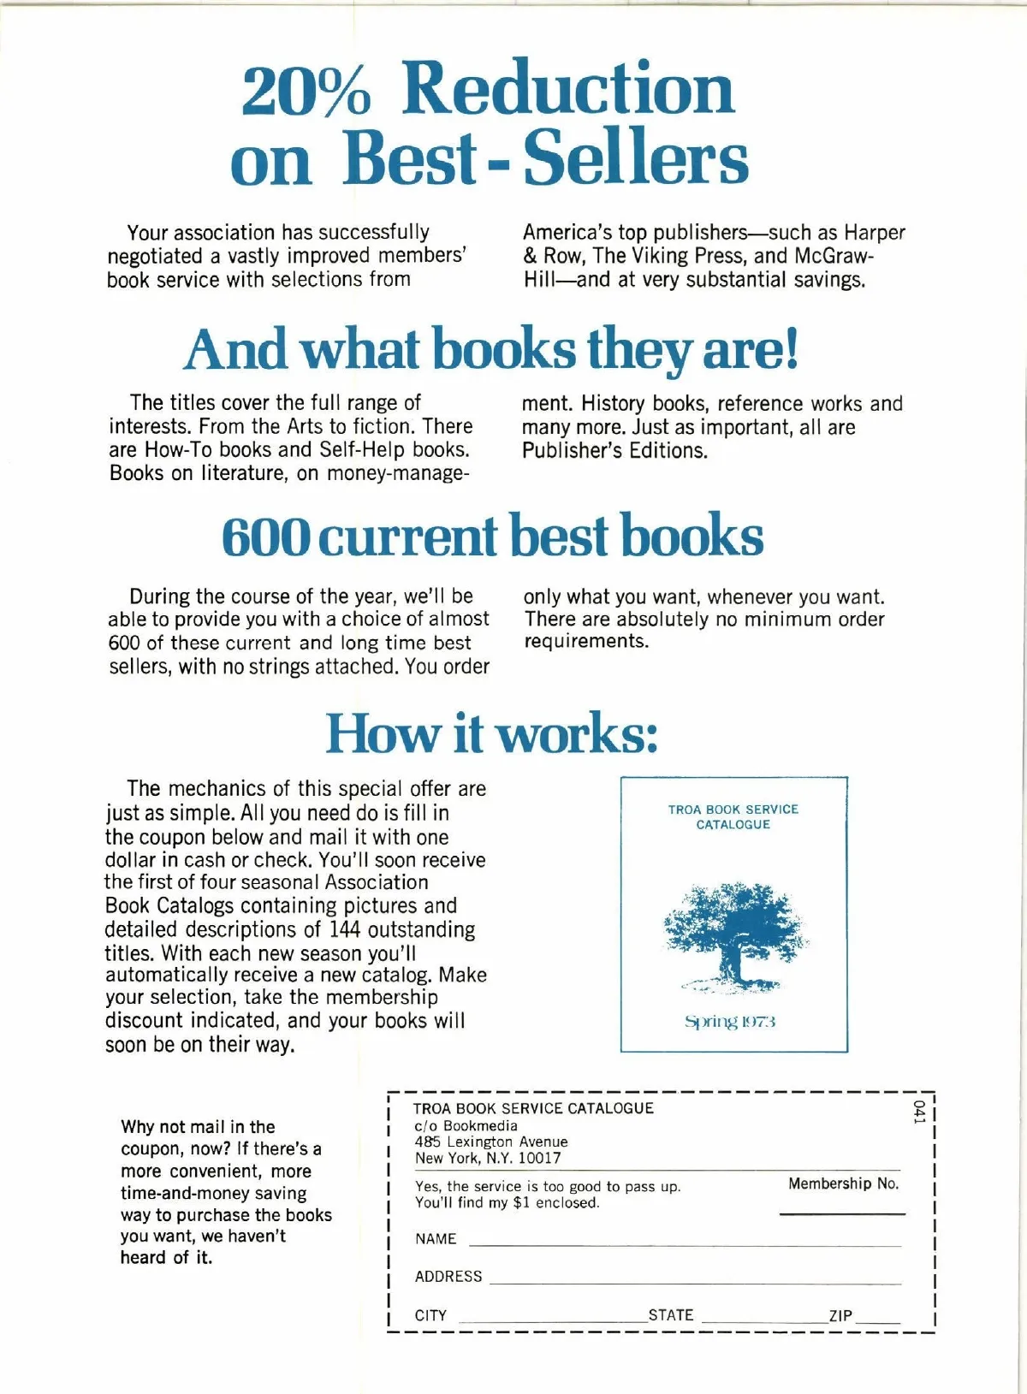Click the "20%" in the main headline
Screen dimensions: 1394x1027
306,90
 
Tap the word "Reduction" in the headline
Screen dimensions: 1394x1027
568,90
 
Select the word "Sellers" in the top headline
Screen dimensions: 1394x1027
636,159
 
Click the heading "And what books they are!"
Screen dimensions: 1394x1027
491,350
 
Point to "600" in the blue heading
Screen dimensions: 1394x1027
266,537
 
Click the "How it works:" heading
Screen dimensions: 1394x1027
491,734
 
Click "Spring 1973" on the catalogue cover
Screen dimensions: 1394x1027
730,1022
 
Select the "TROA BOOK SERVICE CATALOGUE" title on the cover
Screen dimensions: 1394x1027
733,816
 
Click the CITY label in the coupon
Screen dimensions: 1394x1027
430,1315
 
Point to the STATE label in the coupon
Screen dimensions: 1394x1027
671,1315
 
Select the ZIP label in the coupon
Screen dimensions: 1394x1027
840,1316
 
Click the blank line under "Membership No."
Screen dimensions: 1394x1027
842,1213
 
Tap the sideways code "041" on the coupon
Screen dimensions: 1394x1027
919,1113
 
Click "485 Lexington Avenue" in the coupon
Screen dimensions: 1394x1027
491,1142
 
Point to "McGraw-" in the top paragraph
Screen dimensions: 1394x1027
834,256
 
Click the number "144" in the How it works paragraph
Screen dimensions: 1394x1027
345,929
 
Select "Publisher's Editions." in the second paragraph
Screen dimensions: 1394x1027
614,451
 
